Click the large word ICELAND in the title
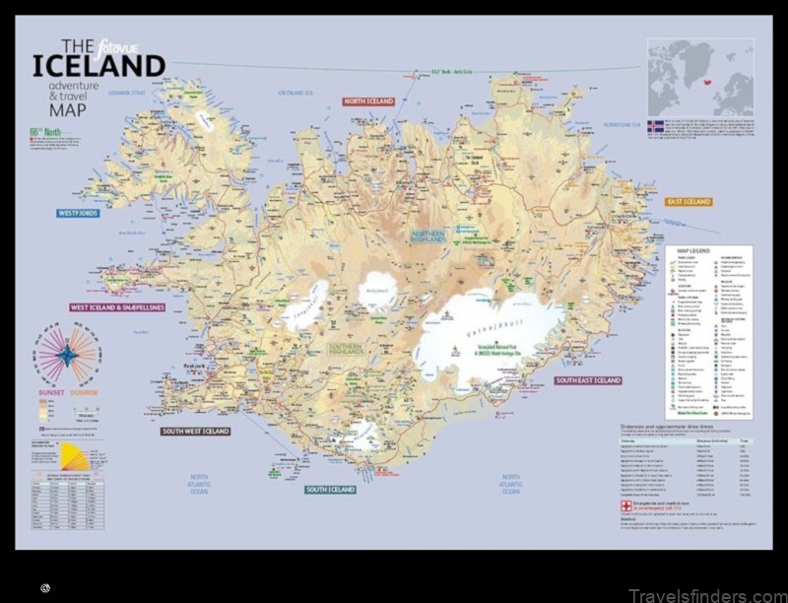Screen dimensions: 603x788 [98, 67]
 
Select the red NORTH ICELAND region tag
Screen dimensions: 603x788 [368, 101]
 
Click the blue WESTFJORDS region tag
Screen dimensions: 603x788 [79, 212]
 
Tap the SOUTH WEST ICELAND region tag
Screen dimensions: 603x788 [195, 432]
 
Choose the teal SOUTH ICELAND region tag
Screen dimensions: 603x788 [330, 490]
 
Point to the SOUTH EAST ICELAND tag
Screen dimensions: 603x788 [589, 380]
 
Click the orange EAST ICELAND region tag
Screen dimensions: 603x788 [689, 202]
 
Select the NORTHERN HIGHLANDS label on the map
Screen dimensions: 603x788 [428, 235]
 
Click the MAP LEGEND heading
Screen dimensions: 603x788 [694, 250]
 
